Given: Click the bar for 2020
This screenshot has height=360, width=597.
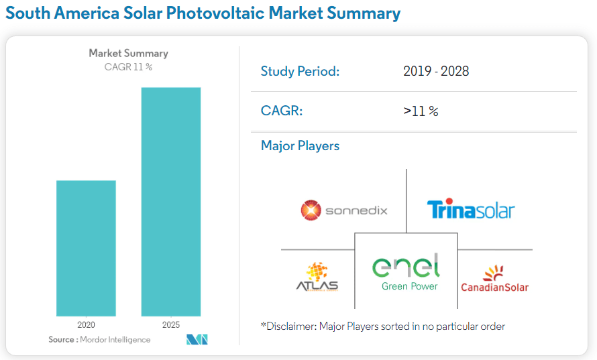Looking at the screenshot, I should click(86, 248).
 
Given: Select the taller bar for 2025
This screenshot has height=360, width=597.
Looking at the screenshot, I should click(170, 201).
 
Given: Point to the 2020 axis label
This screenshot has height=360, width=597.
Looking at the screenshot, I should click(86, 325).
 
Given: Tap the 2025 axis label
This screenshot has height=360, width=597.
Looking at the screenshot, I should click(171, 325).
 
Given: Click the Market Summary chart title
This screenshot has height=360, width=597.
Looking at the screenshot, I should click(128, 53).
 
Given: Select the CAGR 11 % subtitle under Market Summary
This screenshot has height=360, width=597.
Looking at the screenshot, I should click(128, 66).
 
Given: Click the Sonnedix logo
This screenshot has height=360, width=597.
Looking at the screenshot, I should click(343, 211).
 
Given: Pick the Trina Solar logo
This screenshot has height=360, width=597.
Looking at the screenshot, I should click(470, 210).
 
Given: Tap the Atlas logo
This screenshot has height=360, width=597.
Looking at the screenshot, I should click(317, 278).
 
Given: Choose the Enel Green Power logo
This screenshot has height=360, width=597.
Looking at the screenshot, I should click(406, 272).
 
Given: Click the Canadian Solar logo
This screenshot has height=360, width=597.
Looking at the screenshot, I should click(494, 279).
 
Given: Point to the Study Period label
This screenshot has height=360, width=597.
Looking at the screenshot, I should click(300, 71).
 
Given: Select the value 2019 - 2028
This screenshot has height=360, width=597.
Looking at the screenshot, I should click(436, 71).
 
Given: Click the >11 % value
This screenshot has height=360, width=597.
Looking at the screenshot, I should click(421, 111).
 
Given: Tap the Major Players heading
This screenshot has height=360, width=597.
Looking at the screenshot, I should click(300, 145).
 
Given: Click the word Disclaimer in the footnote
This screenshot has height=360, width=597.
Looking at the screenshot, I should click(290, 326).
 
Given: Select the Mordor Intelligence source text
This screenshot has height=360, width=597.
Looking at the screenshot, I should click(115, 340).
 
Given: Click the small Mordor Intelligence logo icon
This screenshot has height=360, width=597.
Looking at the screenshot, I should click(197, 340).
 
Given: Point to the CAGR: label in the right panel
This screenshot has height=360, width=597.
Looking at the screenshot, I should click(282, 111).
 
